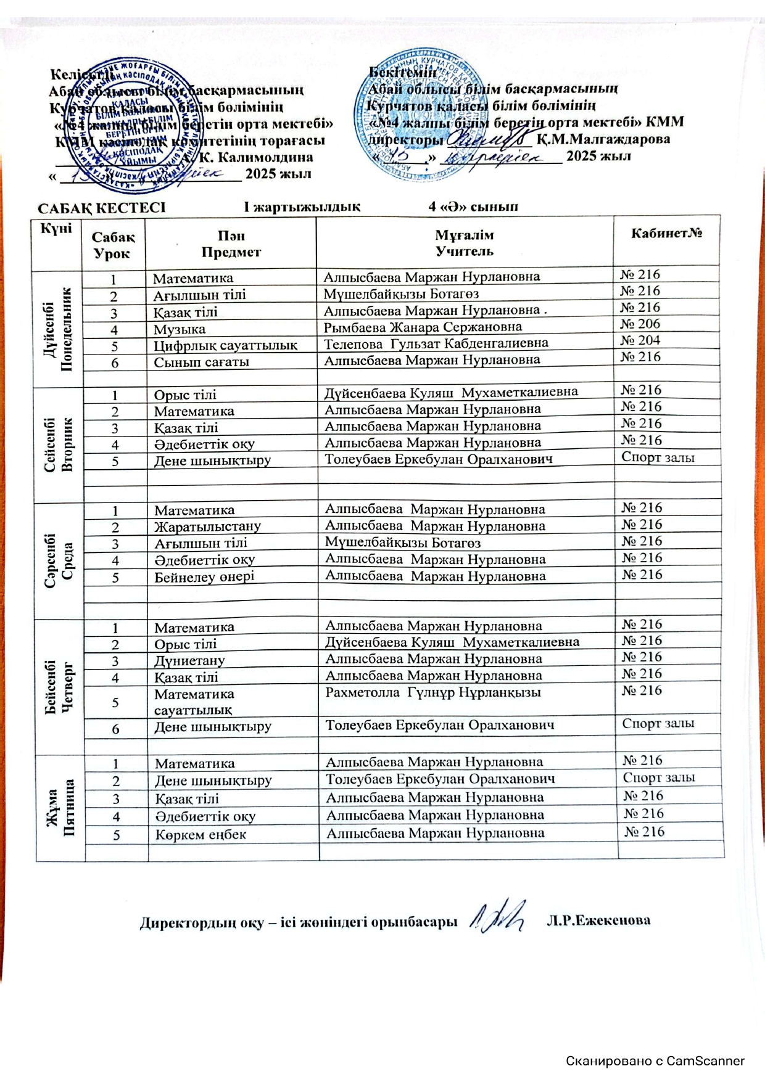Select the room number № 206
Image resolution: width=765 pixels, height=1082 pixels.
[640, 324]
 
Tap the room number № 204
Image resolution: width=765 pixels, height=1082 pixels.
[640, 341]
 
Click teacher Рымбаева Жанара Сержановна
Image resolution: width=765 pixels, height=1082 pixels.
[423, 327]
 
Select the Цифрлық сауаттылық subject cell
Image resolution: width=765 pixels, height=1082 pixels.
[225, 345]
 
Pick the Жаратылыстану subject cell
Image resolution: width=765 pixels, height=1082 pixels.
[207, 527]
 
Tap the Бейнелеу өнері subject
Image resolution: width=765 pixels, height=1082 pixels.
[204, 577]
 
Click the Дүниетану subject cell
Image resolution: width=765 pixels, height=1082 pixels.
[189, 660]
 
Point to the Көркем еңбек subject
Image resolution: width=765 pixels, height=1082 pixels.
[201, 835]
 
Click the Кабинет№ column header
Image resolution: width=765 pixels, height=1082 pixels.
[666, 234]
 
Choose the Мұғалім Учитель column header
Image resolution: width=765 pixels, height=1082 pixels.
[464, 243]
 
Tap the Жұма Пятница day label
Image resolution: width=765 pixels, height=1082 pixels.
[60, 806]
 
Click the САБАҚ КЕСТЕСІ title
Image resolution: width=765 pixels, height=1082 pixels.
[102, 207]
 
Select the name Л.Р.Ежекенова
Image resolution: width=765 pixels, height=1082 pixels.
[598, 920]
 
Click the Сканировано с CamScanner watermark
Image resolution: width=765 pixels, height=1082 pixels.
[655, 1061]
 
